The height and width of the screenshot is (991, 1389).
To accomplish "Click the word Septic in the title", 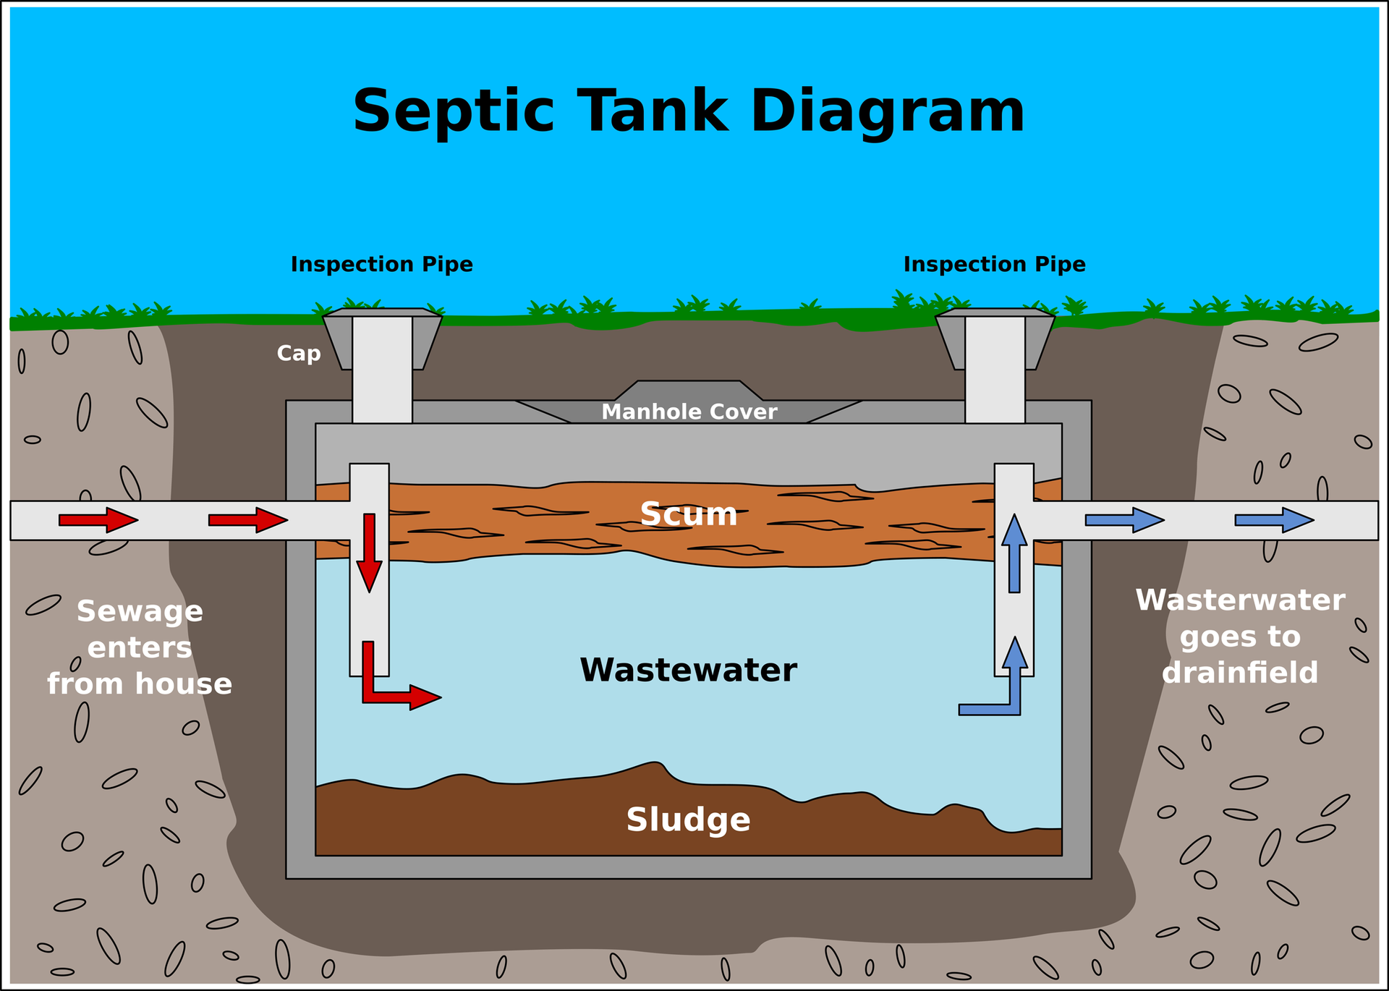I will coord(454,112).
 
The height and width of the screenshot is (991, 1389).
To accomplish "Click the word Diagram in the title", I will coord(888,112).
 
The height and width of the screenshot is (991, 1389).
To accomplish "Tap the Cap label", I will coord(299,354).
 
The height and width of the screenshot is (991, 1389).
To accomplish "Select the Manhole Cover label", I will coord(689,412).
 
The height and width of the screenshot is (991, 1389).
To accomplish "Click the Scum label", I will coord(689,514).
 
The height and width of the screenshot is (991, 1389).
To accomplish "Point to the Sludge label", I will coord(688,820).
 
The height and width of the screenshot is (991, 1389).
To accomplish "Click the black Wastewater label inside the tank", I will coord(688,670).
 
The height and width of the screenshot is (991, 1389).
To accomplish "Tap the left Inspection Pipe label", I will coord(382,265).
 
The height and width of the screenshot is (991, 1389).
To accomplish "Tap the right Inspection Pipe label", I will coord(995,265).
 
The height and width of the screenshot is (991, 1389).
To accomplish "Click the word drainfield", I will coord(1240,673).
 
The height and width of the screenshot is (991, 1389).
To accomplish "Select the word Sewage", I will coord(140,612).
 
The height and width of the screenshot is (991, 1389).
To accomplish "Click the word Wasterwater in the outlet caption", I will coord(1240,600).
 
